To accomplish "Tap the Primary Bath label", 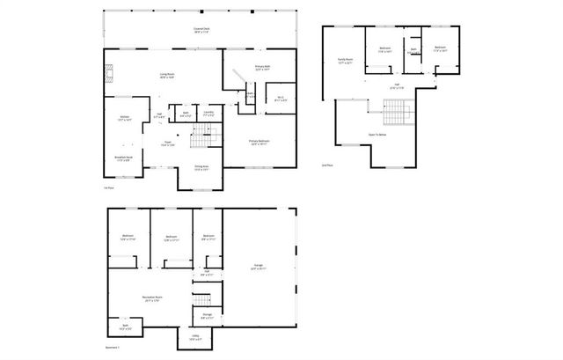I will pyautogui.click(x=261, y=68).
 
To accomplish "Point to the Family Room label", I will pyautogui.click(x=345, y=62).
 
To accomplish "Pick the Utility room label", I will pyautogui.click(x=194, y=337).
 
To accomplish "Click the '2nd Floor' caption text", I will pyautogui.click(x=326, y=165).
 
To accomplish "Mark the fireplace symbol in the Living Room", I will pyautogui.click(x=109, y=75).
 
